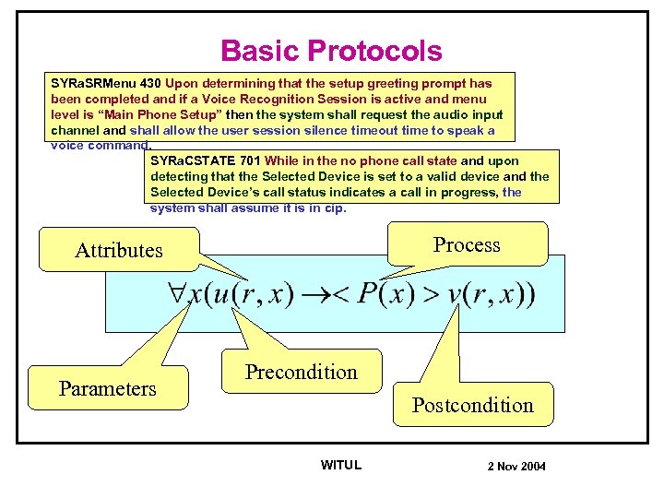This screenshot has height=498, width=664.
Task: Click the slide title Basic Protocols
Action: (332, 52)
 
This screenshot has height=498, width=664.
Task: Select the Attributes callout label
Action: (118, 250)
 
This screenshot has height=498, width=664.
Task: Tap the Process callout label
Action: (467, 244)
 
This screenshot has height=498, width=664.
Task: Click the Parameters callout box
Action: (107, 388)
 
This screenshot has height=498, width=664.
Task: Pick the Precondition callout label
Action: (301, 372)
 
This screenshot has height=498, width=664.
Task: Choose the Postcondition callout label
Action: (472, 405)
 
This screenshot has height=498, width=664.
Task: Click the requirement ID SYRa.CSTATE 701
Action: (206, 160)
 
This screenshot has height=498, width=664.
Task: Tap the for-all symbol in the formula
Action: (178, 294)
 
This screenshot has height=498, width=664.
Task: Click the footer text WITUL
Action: (340, 465)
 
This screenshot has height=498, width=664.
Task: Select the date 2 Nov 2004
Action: (516, 466)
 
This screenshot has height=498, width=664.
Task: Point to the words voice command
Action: (101, 145)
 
